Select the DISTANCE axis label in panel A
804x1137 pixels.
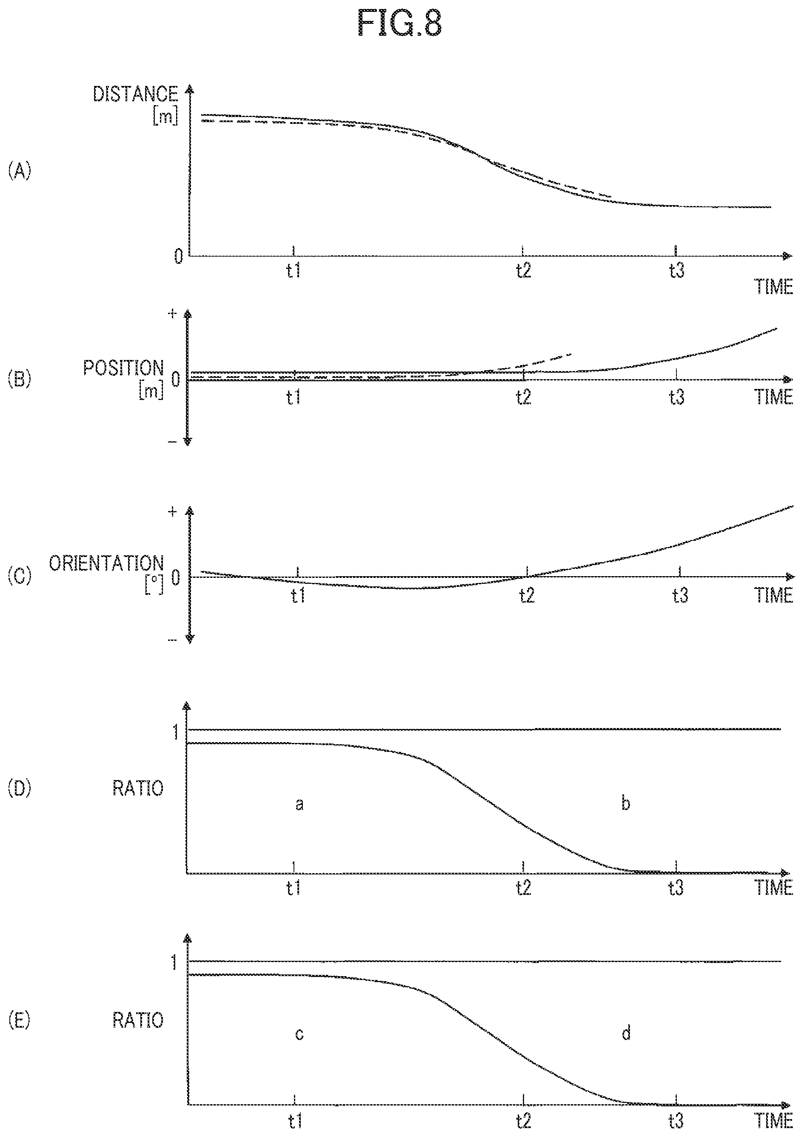(x=135, y=94)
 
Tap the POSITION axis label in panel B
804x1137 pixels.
(x=123, y=368)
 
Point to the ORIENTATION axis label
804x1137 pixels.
(x=106, y=563)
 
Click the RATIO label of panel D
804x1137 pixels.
(x=138, y=788)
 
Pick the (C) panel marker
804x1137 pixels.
(x=19, y=577)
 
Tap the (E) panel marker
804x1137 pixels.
(x=19, y=1021)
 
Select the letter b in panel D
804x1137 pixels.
(x=626, y=803)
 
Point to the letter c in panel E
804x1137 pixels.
(x=299, y=1034)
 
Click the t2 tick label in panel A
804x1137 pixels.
(x=523, y=271)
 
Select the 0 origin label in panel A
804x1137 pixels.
(x=178, y=257)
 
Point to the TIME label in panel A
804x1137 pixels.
(x=773, y=287)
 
